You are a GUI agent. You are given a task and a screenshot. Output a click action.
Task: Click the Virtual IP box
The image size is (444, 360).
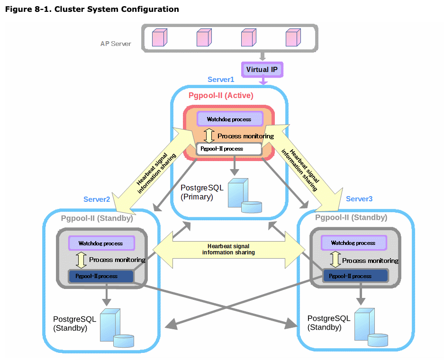point(262,70)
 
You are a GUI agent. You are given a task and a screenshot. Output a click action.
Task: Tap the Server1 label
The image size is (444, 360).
point(221,80)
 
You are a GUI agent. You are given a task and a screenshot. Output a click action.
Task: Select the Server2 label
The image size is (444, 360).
point(97,199)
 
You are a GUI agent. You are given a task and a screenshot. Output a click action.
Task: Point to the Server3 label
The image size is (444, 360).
point(359,199)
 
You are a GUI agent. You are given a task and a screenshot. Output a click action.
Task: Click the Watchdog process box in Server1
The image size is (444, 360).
point(229,119)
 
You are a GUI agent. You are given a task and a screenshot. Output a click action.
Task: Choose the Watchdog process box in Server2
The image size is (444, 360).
point(101,243)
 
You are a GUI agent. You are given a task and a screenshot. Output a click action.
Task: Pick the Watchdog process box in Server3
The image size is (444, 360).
point(353,243)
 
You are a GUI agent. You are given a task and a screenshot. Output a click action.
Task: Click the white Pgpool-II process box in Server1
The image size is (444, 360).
point(229,149)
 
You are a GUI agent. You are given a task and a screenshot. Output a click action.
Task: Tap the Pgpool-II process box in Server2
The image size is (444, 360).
point(101,276)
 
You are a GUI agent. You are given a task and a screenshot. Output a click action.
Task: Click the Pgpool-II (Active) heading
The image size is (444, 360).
point(221,96)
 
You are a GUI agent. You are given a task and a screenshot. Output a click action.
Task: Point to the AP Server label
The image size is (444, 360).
point(116,44)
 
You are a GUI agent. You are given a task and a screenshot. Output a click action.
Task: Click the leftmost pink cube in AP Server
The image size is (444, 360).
point(159,38)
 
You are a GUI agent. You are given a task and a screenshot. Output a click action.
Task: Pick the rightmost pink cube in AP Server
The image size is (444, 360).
point(293,38)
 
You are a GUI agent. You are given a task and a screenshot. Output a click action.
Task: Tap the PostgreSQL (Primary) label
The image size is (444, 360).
point(202,192)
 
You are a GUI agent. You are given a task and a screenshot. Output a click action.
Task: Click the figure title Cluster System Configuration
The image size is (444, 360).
point(92,9)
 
